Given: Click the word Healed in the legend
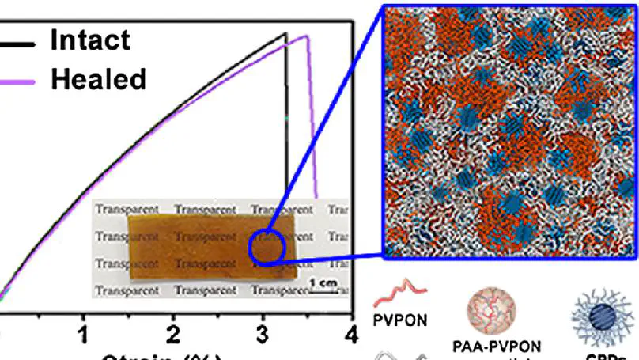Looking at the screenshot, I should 98,78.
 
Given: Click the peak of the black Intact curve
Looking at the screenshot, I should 285,33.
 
